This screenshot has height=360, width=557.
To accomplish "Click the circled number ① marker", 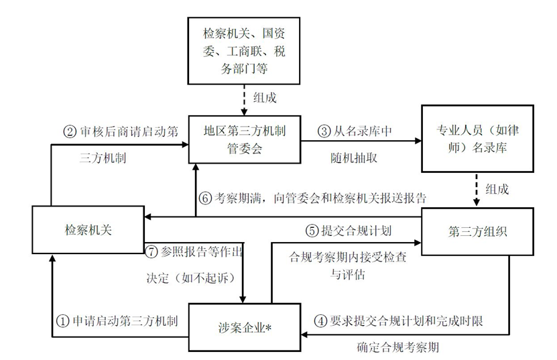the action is tap(62, 322).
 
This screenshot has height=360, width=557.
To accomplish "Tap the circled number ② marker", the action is tap(70, 132).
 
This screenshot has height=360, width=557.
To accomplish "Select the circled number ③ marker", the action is tap(324, 131).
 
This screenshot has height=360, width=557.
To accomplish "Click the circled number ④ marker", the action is tap(321, 321).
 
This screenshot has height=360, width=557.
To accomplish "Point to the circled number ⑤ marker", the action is tap(312, 231).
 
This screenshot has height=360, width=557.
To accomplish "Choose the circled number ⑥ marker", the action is tap(205, 198).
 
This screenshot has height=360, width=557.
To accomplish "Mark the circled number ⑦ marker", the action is tap(151, 251).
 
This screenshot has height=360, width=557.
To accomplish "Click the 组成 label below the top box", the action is tap(265, 98).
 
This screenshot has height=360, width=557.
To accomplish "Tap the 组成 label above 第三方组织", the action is tap(497, 189).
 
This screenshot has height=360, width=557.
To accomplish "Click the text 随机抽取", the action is tap(354, 158).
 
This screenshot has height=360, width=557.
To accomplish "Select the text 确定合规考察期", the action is tap(398, 347).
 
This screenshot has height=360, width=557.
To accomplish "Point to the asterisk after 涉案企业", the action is tap(268, 327).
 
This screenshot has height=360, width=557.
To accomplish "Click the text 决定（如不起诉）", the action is tap(191, 278).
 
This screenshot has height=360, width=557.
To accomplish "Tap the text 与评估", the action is tap(348, 274).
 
